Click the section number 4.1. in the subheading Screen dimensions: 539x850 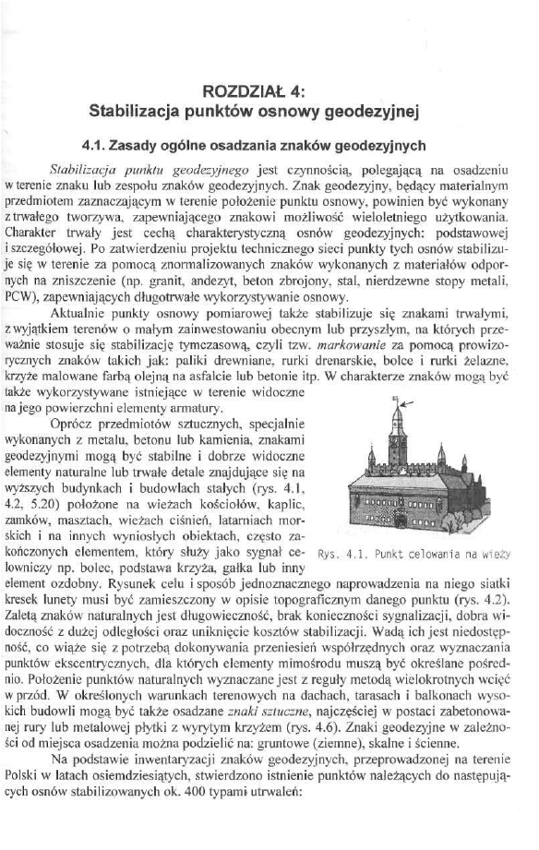pyautogui.click(x=96, y=145)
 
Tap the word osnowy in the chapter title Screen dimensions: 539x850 pyautogui.click(x=284, y=113)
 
